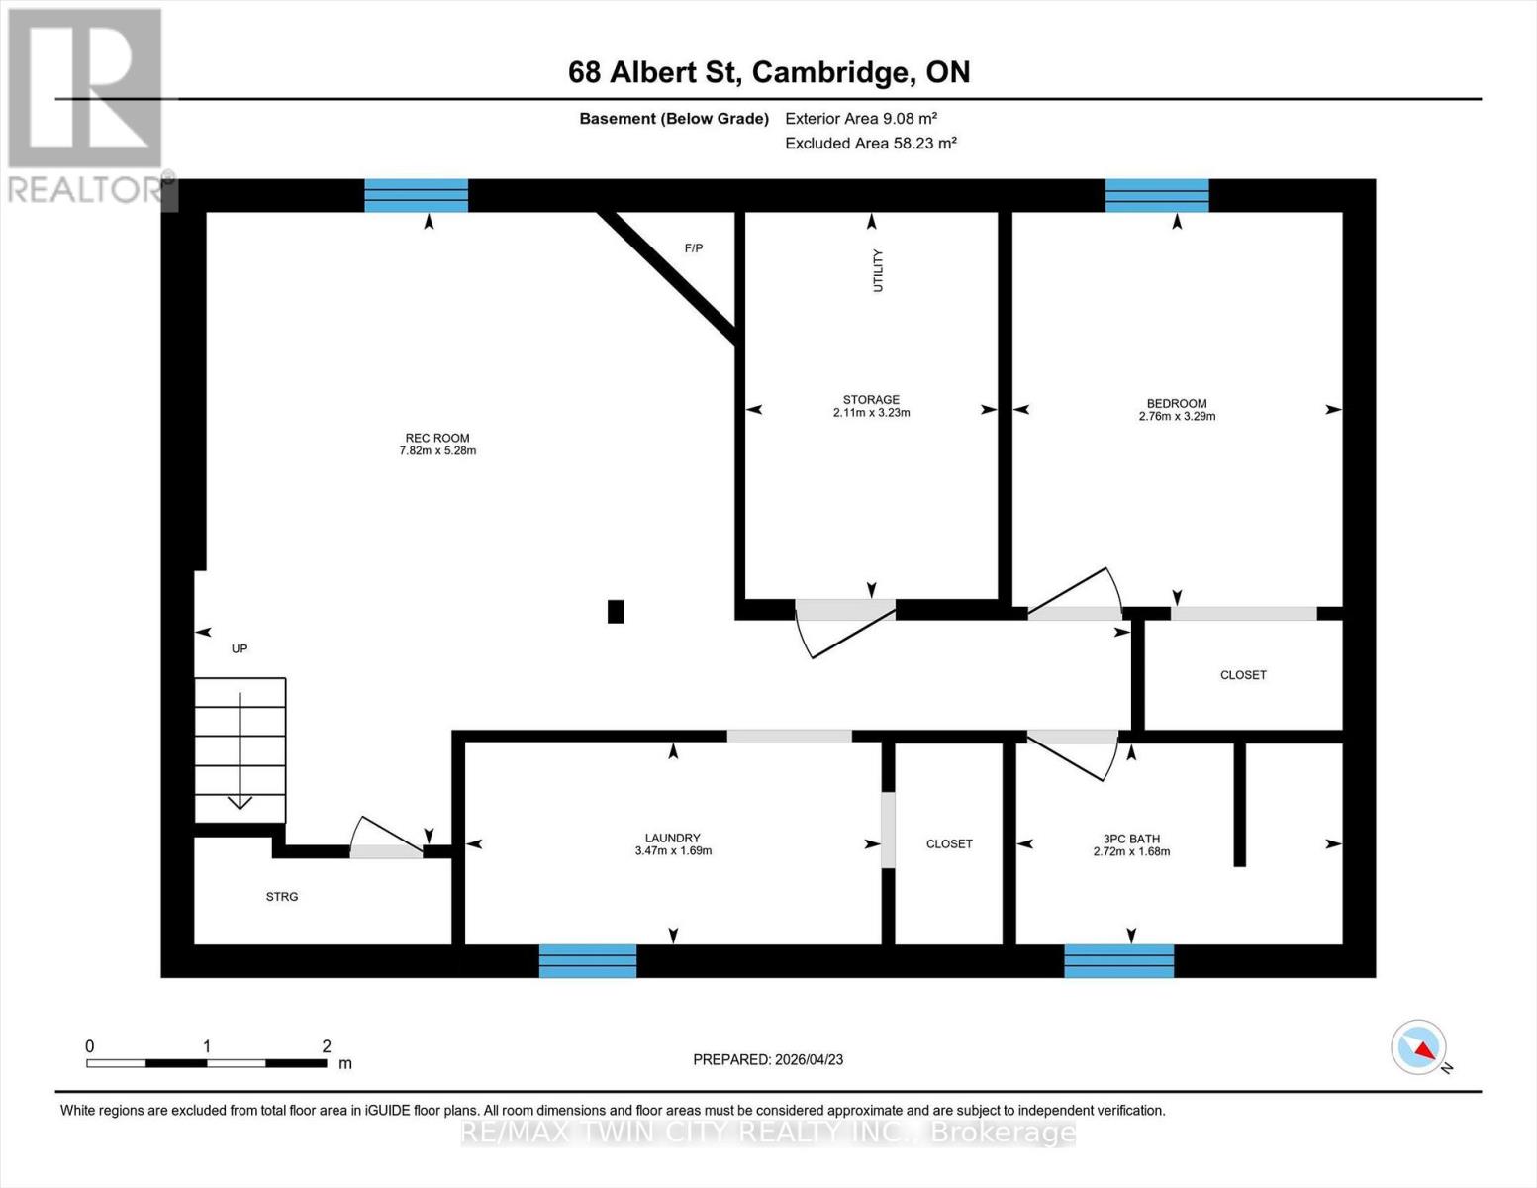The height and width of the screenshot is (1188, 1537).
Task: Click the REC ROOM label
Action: coord(436,438)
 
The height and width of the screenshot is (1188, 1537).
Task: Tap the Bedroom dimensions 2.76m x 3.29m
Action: coord(1177,417)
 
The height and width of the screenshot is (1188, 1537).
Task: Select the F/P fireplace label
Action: coord(694,248)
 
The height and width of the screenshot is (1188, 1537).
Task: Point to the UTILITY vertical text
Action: coord(877,270)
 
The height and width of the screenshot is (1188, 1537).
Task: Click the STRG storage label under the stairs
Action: coord(282,897)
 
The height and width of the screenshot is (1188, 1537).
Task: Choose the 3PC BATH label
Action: coord(1131,839)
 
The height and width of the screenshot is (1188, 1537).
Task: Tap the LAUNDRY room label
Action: coord(673,838)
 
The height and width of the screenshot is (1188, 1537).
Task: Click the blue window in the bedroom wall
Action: coord(1157,195)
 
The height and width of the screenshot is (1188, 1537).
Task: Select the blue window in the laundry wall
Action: coord(588,961)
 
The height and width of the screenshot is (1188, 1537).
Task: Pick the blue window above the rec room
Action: coord(416,195)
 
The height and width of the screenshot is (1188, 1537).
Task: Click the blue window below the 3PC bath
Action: coord(1118,961)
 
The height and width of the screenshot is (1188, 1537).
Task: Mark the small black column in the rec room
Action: coord(616,612)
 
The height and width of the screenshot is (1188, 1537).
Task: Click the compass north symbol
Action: coord(1419,1047)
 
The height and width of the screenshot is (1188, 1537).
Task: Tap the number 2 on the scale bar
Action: coord(327,1046)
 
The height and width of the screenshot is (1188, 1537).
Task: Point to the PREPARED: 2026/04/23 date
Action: coord(768,1059)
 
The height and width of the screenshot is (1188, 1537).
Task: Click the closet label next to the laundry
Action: coord(949,844)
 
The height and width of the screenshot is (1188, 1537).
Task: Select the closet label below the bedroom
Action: coord(1243,675)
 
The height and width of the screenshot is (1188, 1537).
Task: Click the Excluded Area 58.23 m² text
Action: coord(871,144)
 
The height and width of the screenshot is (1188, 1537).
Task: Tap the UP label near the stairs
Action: coord(240,649)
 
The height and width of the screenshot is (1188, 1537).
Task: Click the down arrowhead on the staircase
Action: coord(240,802)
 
